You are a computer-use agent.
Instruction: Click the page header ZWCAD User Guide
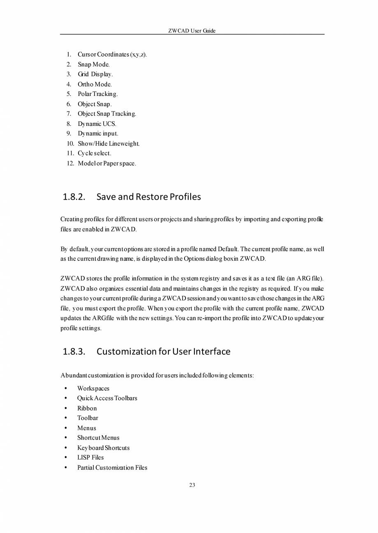[192, 31]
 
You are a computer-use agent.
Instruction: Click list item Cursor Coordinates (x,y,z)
[112, 55]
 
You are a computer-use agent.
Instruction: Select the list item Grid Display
[95, 74]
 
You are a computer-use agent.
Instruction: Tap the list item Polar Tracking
[98, 94]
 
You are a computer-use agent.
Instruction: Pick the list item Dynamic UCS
[97, 124]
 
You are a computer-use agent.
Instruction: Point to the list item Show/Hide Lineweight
[109, 143]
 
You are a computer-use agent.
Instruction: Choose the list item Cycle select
[94, 153]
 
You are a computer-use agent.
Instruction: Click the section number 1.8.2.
[74, 197]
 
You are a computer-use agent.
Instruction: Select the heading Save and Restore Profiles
[149, 197]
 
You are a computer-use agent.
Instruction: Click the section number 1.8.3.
[74, 351]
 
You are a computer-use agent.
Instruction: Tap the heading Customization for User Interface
[164, 351]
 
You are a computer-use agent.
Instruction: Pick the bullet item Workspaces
[93, 388]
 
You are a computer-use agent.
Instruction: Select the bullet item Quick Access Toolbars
[107, 398]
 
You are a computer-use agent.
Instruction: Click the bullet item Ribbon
[87, 408]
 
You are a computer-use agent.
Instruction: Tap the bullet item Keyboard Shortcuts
[103, 448]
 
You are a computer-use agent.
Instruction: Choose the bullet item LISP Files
[90, 458]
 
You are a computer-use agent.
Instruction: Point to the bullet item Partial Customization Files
[112, 467]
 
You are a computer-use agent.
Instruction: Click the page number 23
[192, 485]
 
